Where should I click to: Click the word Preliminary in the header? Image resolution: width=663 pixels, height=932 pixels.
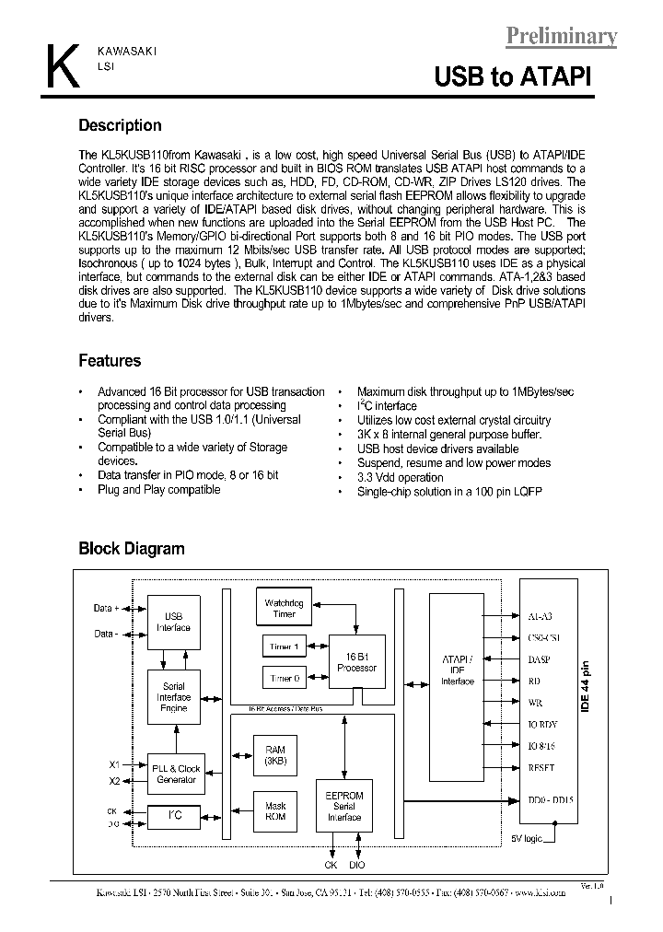[561, 36]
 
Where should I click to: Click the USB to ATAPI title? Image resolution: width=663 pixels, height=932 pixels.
[513, 77]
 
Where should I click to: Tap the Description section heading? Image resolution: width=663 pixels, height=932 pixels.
[120, 126]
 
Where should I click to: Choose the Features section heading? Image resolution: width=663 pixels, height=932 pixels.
[110, 361]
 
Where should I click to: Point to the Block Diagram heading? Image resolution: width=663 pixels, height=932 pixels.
[131, 549]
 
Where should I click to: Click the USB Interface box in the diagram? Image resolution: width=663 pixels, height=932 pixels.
[173, 622]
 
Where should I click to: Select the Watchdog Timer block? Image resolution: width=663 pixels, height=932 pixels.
[285, 609]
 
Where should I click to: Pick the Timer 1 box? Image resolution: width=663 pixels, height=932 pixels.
[285, 647]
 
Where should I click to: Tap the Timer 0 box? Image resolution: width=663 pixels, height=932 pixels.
[285, 679]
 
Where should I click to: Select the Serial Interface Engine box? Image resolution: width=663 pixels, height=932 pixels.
[173, 697]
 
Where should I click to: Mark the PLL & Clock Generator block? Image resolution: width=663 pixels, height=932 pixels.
[175, 774]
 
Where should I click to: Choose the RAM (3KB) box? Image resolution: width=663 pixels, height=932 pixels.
[274, 756]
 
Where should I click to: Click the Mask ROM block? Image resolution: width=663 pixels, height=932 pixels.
[274, 810]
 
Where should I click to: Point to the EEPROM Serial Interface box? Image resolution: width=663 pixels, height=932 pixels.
[344, 806]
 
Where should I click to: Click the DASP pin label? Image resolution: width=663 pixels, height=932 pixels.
[540, 659]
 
